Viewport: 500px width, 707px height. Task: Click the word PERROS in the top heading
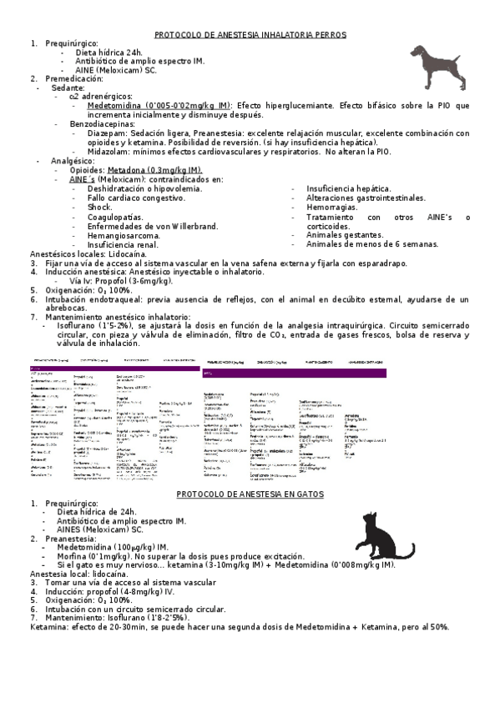pyautogui.click(x=328, y=35)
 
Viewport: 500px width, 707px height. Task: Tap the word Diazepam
pyautogui.click(x=108, y=133)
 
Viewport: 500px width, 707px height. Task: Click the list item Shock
pyautogui.click(x=98, y=208)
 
